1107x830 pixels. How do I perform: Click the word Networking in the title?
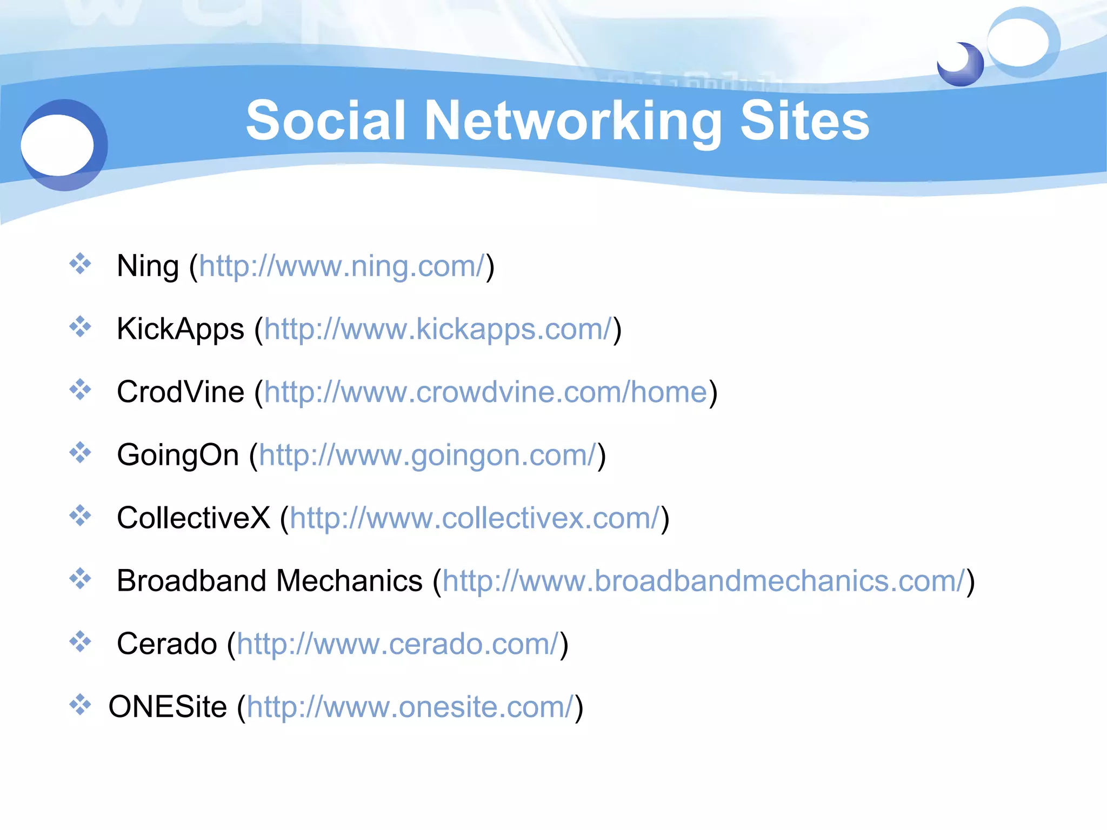[573, 121]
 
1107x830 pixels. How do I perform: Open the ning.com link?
[342, 266]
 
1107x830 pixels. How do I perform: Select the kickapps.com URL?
[438, 329]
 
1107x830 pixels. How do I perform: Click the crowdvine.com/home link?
[485, 392]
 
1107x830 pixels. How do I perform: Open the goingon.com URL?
[428, 455]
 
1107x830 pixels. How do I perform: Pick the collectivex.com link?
[475, 518]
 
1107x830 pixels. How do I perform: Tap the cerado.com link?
[397, 644]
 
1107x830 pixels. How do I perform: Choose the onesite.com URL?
[410, 707]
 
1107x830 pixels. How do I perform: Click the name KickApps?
[181, 329]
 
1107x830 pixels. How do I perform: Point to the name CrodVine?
[181, 392]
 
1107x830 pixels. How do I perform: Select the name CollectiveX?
[193, 518]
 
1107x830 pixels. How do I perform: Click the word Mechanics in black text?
[349, 581]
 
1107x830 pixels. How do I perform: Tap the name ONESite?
[168, 707]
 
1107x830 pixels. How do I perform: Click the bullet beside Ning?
[80, 264]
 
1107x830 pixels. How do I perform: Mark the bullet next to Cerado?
[80, 641]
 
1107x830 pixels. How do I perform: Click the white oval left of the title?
[57, 145]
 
